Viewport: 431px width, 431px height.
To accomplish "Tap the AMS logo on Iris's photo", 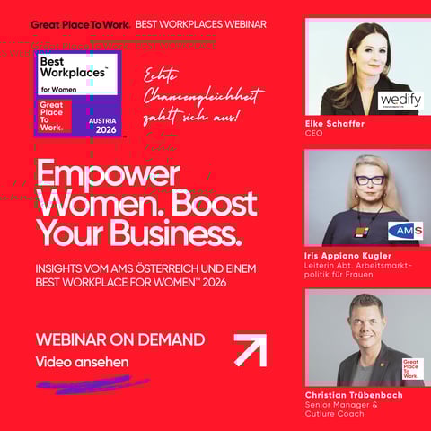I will point(405,231).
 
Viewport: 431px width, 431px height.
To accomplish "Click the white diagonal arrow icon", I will point(250,349).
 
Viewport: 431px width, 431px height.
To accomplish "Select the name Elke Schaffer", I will point(335,124).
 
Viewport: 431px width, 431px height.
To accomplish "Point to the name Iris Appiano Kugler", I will point(350,256).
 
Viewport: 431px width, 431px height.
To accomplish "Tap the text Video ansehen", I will point(83,362).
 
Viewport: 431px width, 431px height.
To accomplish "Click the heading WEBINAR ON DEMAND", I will point(119,339).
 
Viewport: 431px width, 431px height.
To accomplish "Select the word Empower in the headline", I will point(108,175).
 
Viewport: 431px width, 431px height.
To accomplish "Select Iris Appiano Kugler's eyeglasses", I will point(369,180).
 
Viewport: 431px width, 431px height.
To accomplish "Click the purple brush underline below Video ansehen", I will point(90,383).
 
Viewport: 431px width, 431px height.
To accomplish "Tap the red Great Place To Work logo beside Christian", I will point(413,369).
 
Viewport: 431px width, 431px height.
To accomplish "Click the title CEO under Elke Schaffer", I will point(313,134).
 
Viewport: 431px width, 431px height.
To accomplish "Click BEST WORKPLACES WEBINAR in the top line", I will point(200,24).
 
